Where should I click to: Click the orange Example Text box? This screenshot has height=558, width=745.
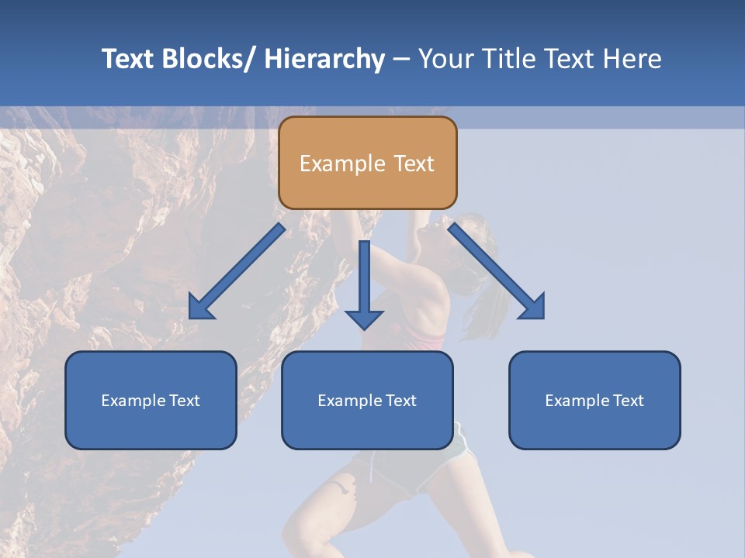pos(367,163)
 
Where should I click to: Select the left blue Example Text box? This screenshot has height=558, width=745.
pos(151,400)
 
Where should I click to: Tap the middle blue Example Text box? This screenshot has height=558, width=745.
pos(367,400)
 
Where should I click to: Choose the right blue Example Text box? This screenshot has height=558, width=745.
pos(594,400)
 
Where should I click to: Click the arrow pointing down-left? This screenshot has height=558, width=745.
pos(237,272)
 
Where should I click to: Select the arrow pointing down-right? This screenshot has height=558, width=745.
pos(497,271)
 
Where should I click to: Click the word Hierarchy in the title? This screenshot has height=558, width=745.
pos(324,59)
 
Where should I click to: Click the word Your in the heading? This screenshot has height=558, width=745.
pos(445,59)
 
